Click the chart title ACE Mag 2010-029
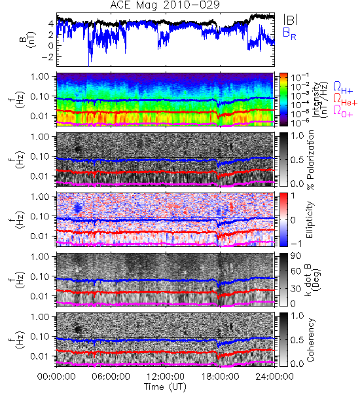pos(165,5)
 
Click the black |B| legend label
pos(291,19)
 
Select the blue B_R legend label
pos(289,33)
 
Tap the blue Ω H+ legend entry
pos(343,88)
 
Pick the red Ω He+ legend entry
pos(345,100)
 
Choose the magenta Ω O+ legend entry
pos(343,111)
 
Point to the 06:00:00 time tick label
pos(111,377)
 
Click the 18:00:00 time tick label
pos(220,377)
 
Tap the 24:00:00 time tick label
pos(274,377)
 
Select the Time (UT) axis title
pos(165,386)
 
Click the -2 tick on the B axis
pos(48,56)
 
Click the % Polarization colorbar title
pos(310,160)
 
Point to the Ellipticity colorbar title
pos(310,220)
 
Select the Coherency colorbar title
pos(310,340)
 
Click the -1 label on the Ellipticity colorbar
pos(296,244)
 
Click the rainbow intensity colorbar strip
pos(283,100)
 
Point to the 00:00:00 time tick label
pos(56,377)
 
